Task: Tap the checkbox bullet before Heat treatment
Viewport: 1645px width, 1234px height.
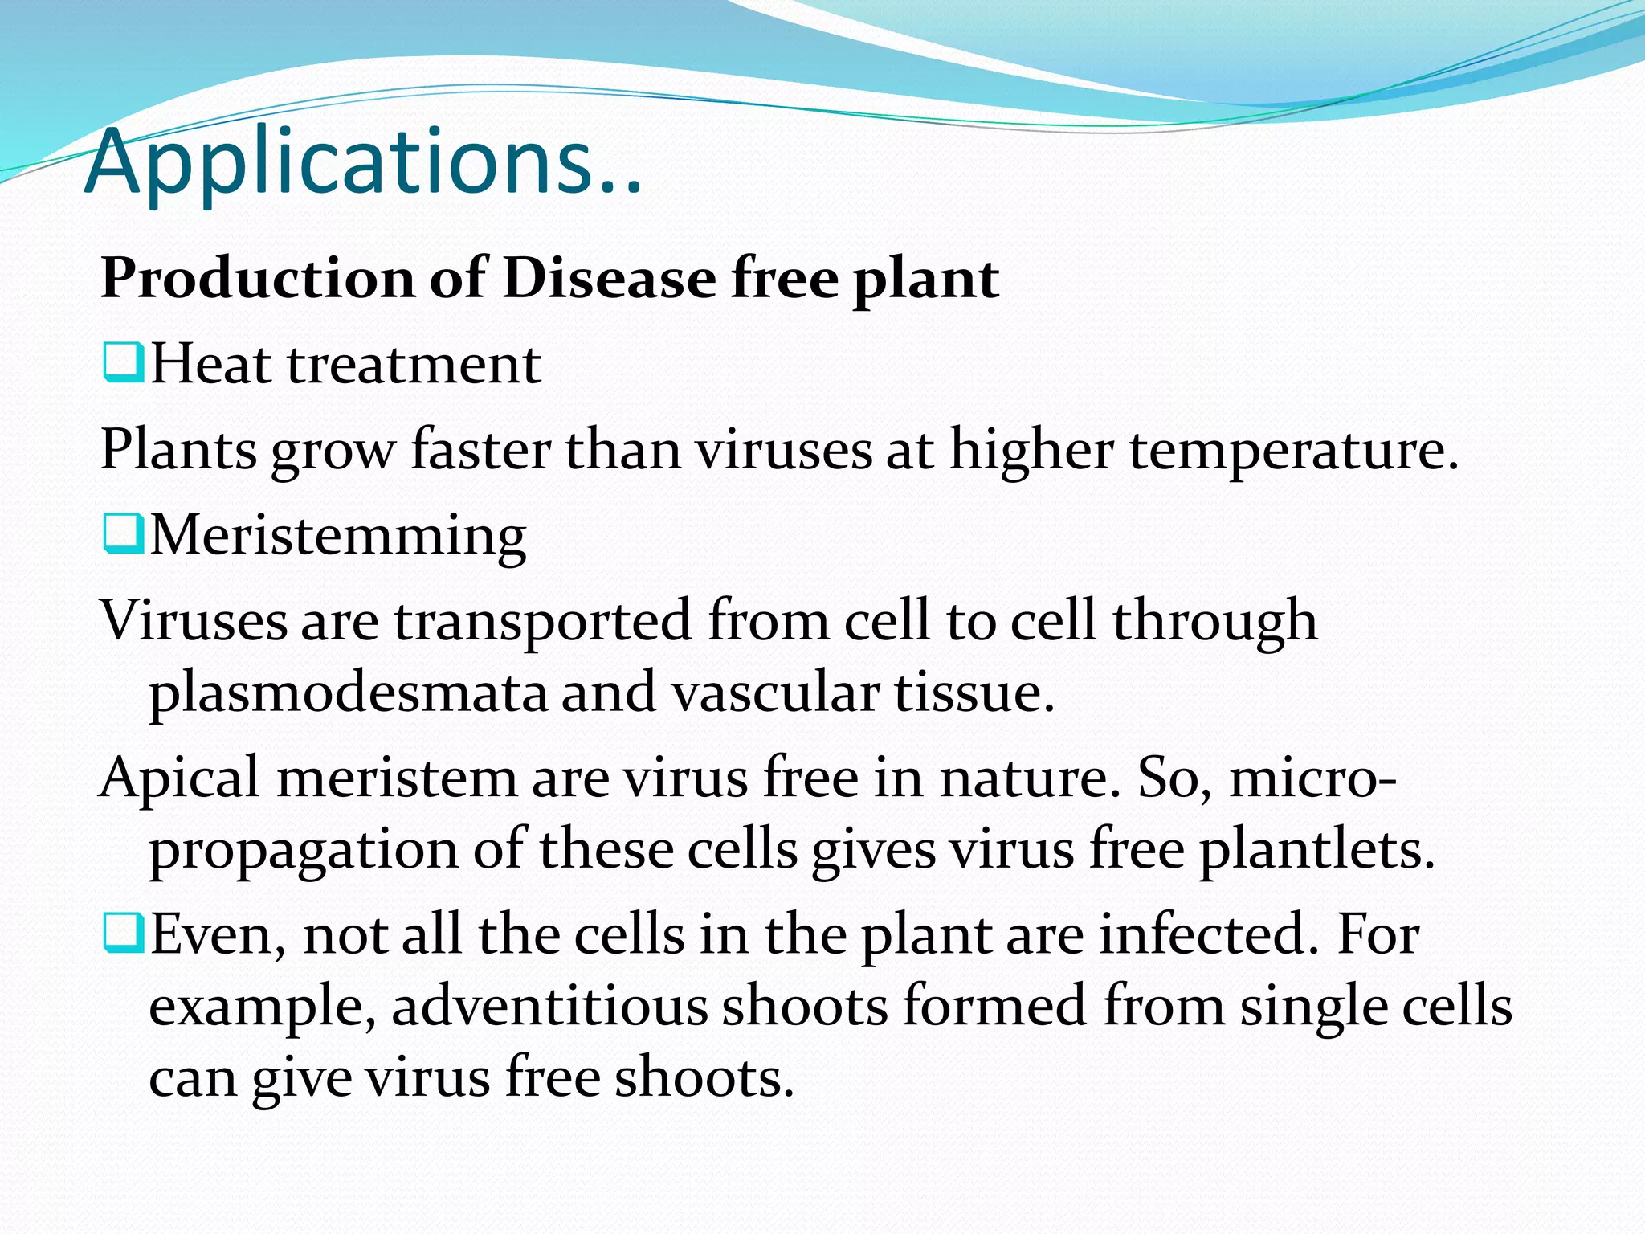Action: point(123,362)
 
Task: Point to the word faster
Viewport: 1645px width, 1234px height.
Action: point(480,450)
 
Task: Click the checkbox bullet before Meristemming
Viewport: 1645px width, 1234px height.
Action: point(123,534)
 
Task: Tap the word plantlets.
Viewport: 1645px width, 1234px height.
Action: point(1316,849)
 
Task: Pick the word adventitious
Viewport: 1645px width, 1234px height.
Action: point(549,1006)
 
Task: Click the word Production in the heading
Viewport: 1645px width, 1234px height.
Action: point(258,279)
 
